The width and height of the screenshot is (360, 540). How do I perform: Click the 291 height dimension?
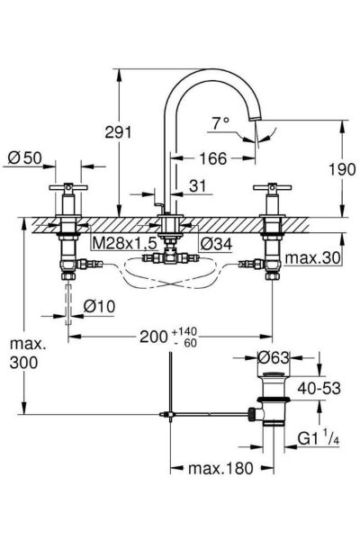[118, 132]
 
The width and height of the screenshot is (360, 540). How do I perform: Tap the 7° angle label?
[220, 123]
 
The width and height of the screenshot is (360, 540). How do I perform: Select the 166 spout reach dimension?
[213, 158]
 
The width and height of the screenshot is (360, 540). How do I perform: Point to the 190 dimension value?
[342, 169]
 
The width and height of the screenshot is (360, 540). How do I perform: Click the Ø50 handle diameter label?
[25, 158]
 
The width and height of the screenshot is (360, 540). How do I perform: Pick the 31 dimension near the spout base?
[197, 186]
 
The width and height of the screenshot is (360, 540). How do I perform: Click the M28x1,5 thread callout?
[125, 244]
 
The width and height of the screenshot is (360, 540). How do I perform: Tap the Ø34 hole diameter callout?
[216, 244]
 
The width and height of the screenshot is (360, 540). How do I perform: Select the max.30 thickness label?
[313, 258]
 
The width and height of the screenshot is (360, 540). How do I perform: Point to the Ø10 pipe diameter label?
[99, 306]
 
